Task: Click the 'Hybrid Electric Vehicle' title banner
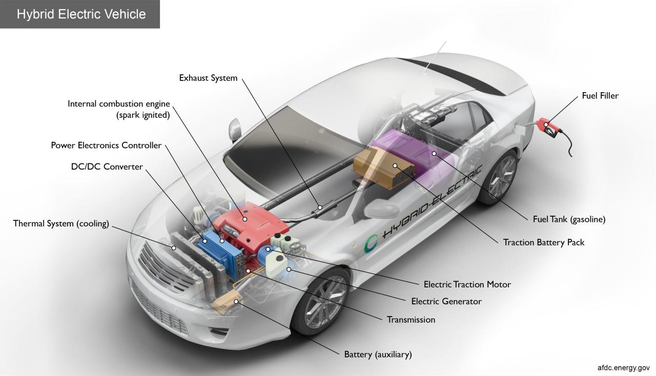(x=81, y=14)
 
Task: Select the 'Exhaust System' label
(x=208, y=78)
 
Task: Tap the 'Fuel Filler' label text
(x=600, y=96)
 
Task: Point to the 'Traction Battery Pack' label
(x=543, y=242)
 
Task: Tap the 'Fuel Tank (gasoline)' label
(x=569, y=219)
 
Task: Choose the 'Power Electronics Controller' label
(x=106, y=145)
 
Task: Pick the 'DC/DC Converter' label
(x=107, y=166)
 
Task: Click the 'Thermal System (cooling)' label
(x=61, y=223)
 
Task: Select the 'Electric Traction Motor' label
(x=467, y=284)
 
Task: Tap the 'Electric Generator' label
(x=446, y=301)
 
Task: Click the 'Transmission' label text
(x=411, y=320)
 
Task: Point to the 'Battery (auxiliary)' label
(x=378, y=354)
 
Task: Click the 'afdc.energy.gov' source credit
(x=623, y=368)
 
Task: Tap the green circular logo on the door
(x=371, y=243)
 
